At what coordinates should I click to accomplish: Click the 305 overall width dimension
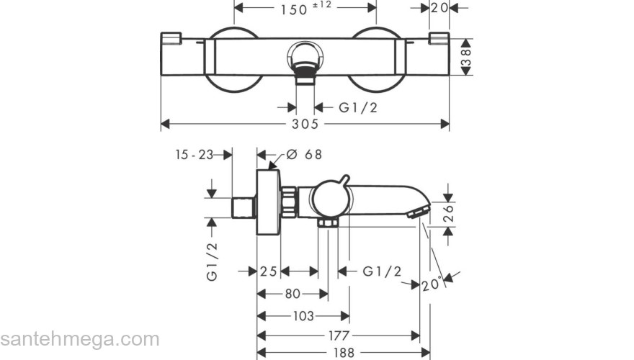pos(305,125)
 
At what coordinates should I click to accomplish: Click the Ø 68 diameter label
pos(303,154)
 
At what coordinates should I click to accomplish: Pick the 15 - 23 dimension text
pos(195,154)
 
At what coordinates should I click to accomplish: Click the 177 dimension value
pos(339,336)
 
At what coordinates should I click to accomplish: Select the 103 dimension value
pos(303,315)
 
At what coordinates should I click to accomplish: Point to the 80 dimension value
pos(293,294)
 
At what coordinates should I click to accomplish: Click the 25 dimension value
pos(269,271)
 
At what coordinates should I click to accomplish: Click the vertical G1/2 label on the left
pos(212,261)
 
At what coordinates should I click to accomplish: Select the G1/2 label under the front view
pos(358,107)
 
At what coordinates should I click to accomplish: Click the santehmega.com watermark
pos(79,338)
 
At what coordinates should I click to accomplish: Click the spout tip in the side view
pos(417,211)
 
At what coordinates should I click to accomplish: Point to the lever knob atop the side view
pos(344,179)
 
